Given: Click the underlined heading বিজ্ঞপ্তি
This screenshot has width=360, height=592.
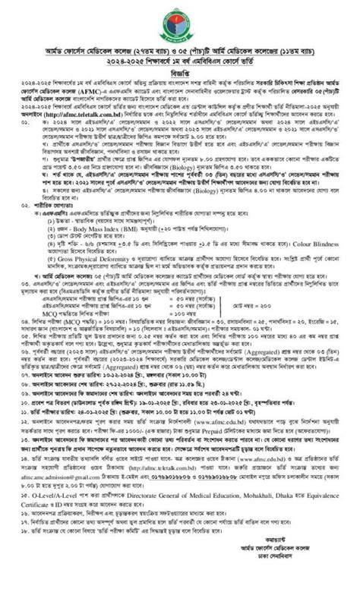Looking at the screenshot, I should click(x=179, y=74).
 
